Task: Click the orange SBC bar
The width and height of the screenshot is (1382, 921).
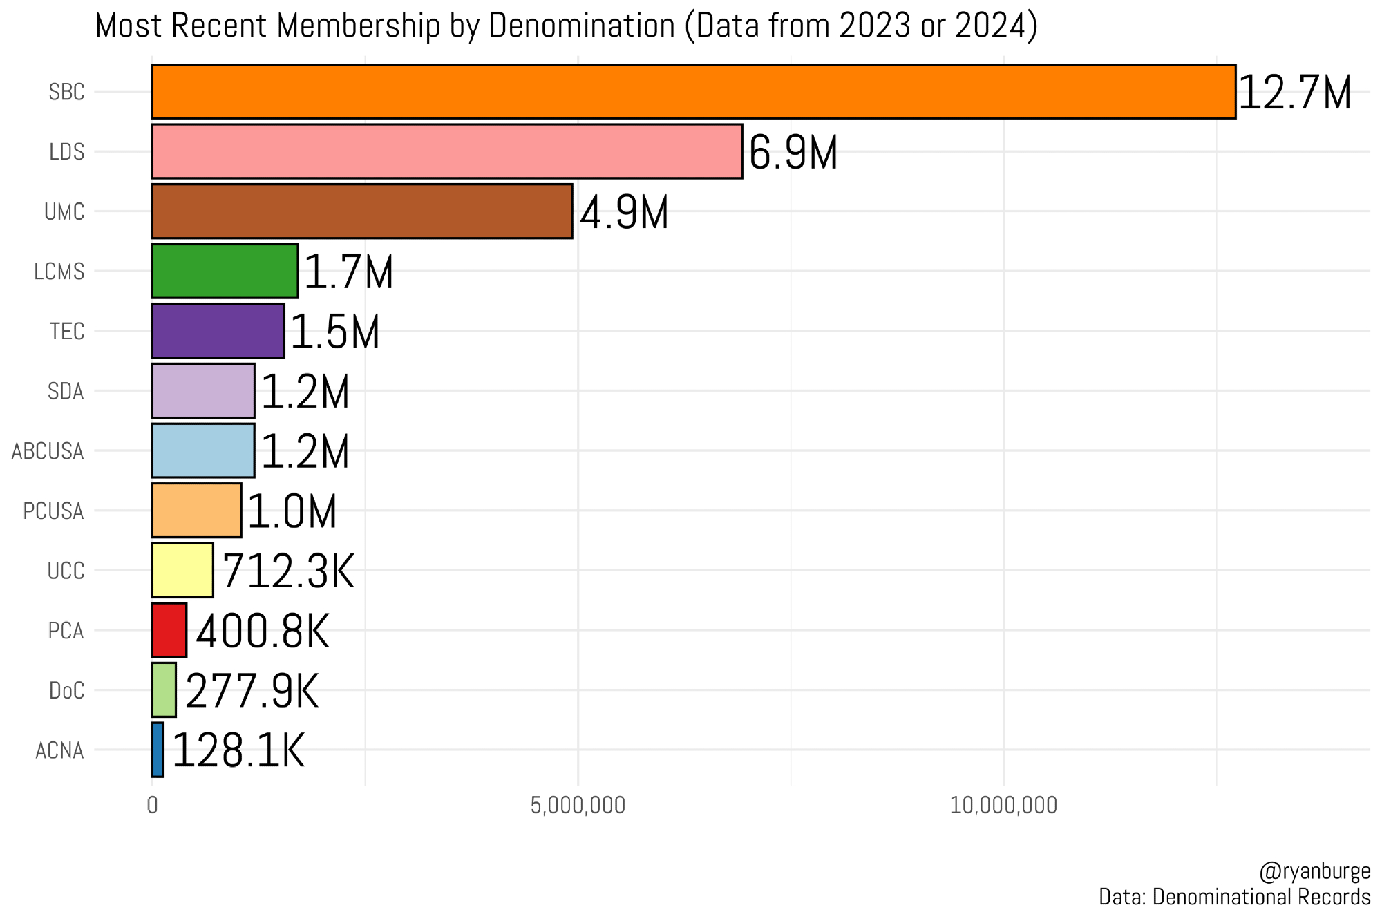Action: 693,92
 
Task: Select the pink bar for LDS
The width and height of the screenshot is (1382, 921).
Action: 447,151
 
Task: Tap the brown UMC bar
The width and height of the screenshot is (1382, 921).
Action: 362,211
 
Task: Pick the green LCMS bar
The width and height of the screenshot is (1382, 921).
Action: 225,271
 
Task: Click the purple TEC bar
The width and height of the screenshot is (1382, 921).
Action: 218,331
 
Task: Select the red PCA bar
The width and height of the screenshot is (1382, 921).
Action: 169,630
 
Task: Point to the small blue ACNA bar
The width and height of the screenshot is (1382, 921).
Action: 158,750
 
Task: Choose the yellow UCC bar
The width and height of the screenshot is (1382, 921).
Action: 182,570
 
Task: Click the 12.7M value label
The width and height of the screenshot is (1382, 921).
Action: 1294,93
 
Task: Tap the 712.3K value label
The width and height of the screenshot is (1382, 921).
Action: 288,571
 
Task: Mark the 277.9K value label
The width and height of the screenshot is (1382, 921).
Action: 252,691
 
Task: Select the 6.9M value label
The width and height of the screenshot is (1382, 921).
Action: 793,153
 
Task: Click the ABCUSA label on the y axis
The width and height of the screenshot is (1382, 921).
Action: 48,451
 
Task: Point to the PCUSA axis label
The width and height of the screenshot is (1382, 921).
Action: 53,511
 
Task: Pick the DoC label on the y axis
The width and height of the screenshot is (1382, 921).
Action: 66,690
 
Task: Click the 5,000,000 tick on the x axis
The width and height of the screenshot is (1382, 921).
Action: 578,806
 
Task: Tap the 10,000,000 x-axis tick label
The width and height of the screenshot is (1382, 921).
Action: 1003,806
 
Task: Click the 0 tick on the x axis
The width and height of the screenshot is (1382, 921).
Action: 152,806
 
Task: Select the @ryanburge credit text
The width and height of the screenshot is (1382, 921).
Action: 1315,871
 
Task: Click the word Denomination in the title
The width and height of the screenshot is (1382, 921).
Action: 581,26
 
